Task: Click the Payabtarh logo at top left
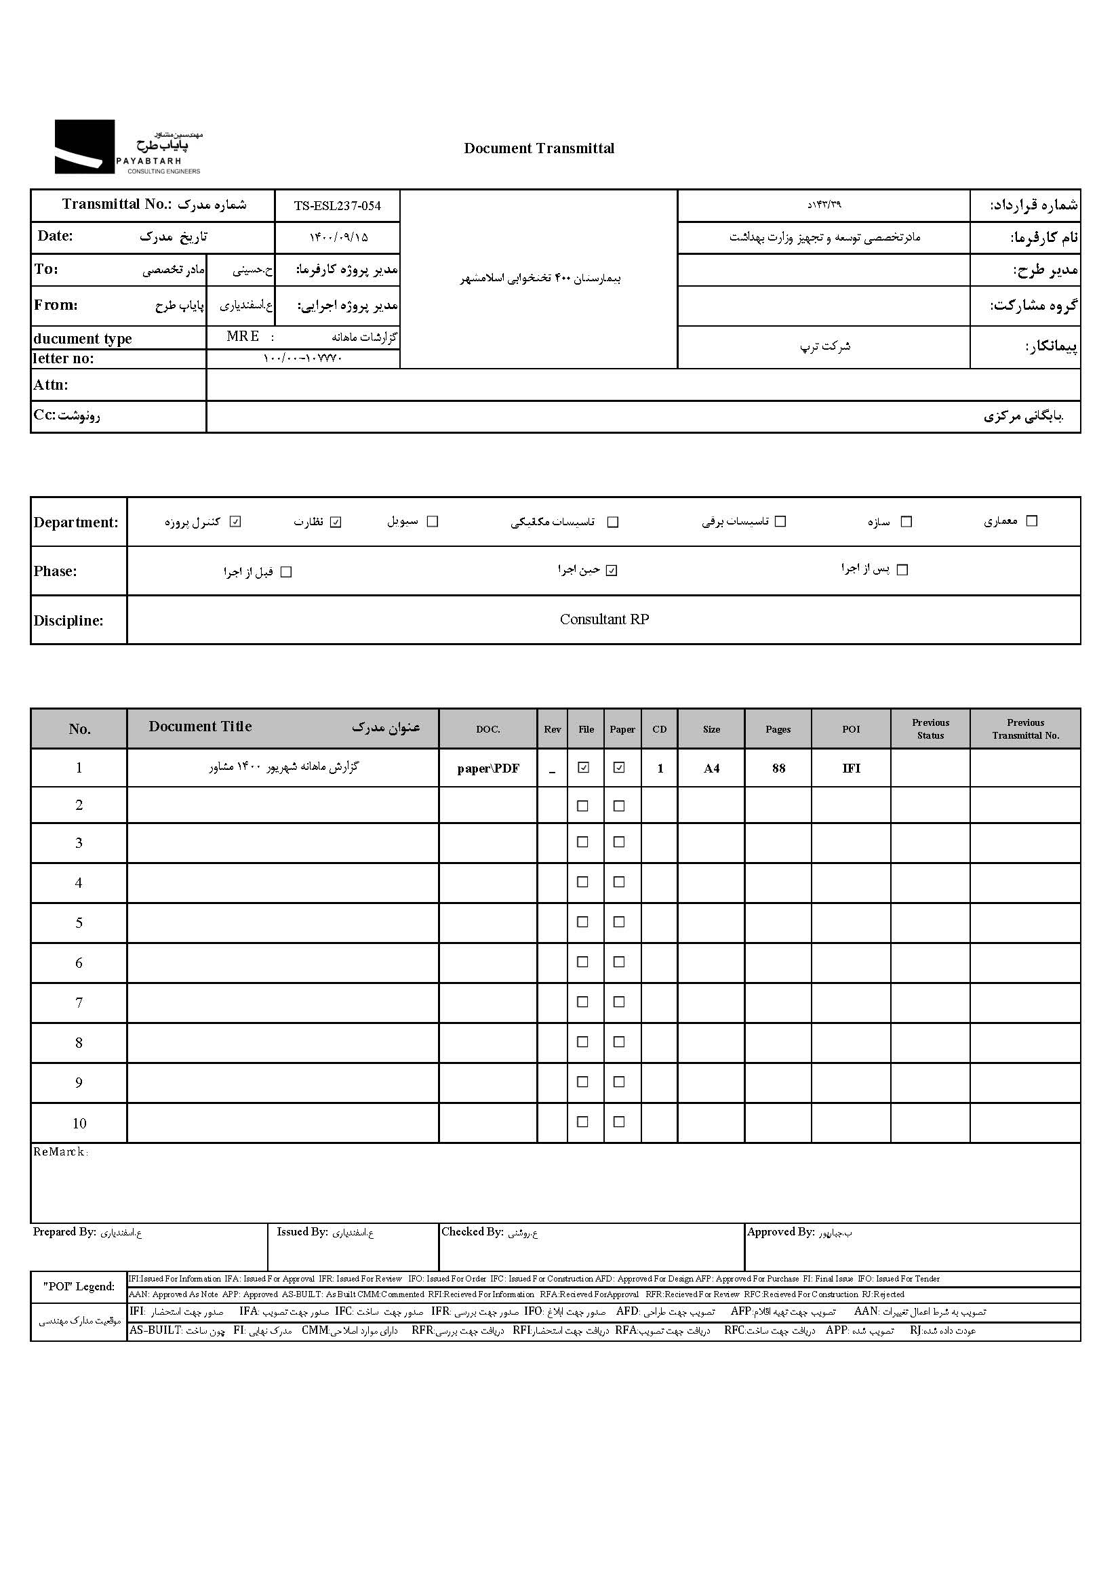click(128, 146)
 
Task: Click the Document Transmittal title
click(539, 148)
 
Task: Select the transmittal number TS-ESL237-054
click(337, 206)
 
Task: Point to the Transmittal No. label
click(116, 204)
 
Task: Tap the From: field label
click(56, 305)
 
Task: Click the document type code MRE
click(243, 337)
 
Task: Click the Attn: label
click(51, 385)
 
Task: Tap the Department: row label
click(75, 522)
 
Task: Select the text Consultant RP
click(604, 619)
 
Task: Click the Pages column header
click(778, 729)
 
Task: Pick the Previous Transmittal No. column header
click(1025, 729)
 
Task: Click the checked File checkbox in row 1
click(584, 768)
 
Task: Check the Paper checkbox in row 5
click(619, 922)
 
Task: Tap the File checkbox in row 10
click(582, 1122)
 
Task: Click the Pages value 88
click(778, 769)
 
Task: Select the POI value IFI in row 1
click(851, 769)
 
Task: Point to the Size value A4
click(711, 769)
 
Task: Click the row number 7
click(79, 1003)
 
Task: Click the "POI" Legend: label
click(79, 1286)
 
